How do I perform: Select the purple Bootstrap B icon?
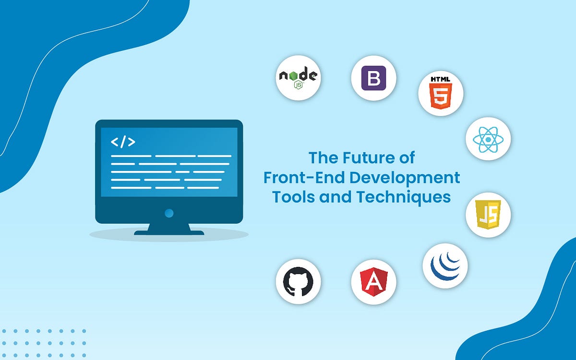[x=373, y=78]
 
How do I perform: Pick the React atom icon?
[x=488, y=139]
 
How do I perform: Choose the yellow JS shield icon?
[x=488, y=215]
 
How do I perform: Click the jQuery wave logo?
[x=445, y=265]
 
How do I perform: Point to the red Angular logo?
[x=373, y=282]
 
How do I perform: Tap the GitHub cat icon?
[x=298, y=281]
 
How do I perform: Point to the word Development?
[x=404, y=178]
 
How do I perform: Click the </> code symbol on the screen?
[x=123, y=142]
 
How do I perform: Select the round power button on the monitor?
[x=168, y=213]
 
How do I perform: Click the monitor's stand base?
[x=169, y=232]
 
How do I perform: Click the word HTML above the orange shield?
[x=441, y=79]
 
